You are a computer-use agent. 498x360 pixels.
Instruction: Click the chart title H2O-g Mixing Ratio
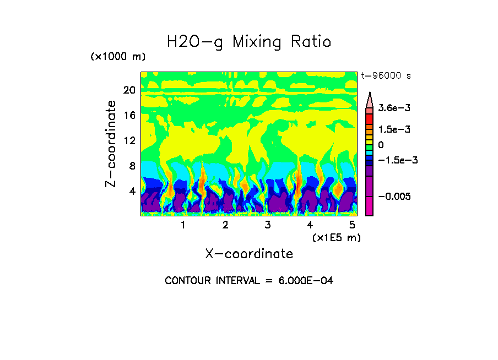(x=249, y=42)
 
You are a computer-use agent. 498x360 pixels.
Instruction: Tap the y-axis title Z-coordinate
(x=111, y=144)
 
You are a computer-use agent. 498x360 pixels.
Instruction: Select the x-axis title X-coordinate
(x=249, y=254)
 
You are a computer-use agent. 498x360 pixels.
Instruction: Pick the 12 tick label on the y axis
(x=129, y=140)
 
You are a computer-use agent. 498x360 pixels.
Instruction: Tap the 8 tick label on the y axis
(x=132, y=166)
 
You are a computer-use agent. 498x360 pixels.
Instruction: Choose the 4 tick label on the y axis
(x=132, y=191)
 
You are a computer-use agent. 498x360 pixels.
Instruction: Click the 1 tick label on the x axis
(x=183, y=225)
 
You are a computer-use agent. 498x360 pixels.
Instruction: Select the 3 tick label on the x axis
(x=267, y=225)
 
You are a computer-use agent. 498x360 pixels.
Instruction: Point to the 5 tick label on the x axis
(x=352, y=225)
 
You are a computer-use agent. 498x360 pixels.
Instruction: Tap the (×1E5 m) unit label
(x=336, y=237)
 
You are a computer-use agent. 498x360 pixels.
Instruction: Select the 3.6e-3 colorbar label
(x=392, y=109)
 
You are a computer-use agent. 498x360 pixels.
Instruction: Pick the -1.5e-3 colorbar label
(x=396, y=160)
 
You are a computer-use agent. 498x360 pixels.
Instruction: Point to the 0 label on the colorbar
(x=380, y=145)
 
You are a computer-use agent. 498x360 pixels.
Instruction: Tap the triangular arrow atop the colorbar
(x=370, y=99)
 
